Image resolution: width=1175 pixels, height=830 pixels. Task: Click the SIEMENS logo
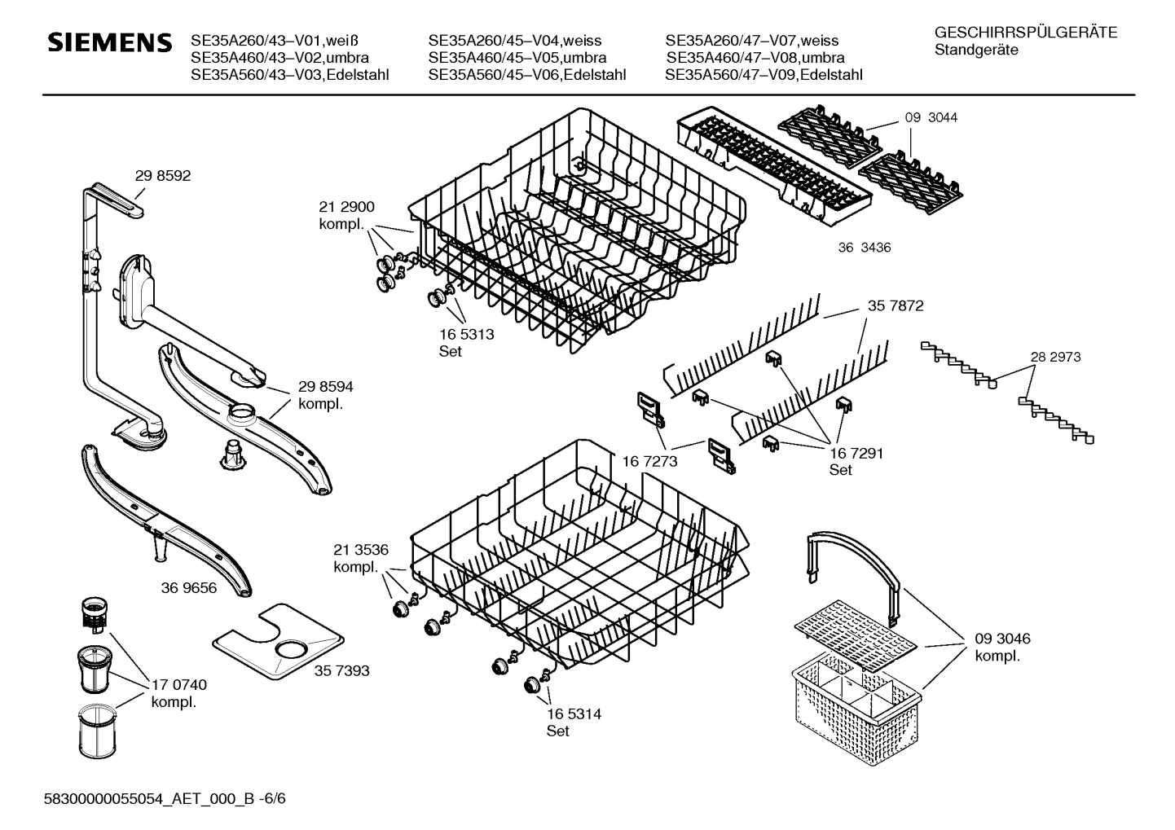[x=110, y=42]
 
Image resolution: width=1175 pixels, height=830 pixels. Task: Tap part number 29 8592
[x=163, y=176]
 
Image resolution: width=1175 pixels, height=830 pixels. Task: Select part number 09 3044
[x=931, y=117]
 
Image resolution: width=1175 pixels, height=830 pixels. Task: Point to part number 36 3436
[x=865, y=248]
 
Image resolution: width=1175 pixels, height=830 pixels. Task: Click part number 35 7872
[x=896, y=305]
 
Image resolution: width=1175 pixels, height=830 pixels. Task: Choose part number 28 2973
[x=1055, y=357]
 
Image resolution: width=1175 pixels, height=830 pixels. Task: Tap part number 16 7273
[x=649, y=461]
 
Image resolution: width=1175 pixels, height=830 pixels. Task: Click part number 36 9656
[x=189, y=588]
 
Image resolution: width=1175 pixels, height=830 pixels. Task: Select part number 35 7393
[x=341, y=670]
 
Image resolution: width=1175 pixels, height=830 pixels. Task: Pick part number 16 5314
[x=574, y=714]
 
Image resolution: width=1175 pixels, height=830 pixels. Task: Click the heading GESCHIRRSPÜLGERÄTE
[x=1026, y=33]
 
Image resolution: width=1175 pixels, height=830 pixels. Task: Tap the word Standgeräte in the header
[x=976, y=51]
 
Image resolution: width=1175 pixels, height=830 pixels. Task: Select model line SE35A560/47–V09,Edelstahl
[x=764, y=75]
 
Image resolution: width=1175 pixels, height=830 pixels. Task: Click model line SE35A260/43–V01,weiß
[x=275, y=41]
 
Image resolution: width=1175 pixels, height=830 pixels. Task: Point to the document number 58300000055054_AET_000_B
[x=149, y=798]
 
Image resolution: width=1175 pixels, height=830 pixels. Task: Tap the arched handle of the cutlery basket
[x=853, y=577]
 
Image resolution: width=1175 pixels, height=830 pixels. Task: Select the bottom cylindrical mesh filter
[x=97, y=731]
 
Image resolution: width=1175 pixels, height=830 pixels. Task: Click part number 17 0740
[x=179, y=685]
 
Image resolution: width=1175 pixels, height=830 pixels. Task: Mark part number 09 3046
[x=1002, y=639]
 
